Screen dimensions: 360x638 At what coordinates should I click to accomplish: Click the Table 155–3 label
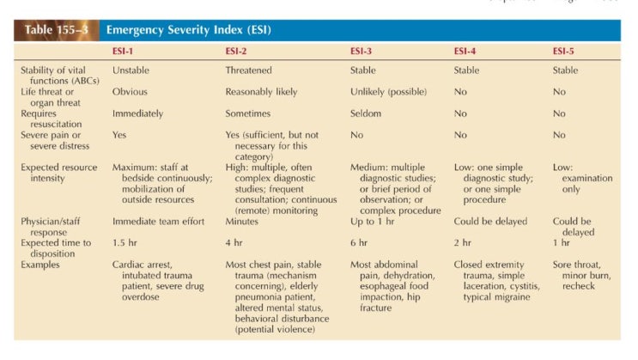point(55,30)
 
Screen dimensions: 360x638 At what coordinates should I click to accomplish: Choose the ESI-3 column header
point(362,52)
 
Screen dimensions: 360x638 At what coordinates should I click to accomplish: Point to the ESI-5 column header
point(565,52)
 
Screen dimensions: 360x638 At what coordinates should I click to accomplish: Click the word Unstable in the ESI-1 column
point(131,70)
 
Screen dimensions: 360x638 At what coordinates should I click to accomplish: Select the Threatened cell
point(249,70)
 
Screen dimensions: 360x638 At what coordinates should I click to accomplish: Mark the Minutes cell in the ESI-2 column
point(242,221)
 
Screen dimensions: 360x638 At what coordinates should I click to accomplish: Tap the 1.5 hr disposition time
point(125,242)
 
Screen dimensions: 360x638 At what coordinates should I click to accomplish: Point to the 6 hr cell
point(359,242)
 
